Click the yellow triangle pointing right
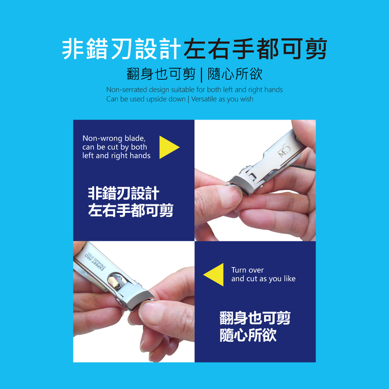(x=167, y=147)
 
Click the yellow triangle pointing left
(x=215, y=275)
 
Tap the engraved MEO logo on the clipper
(x=284, y=151)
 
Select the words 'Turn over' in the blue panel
(x=247, y=270)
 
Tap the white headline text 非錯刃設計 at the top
(x=122, y=49)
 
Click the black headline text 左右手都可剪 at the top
(x=256, y=49)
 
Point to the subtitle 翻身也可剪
(x=161, y=74)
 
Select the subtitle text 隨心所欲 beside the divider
(x=235, y=74)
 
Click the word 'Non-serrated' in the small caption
(x=127, y=89)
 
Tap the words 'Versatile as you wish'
(x=222, y=99)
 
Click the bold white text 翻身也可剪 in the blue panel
(x=255, y=318)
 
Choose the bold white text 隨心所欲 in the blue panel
(x=248, y=335)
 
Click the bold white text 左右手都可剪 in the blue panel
(x=131, y=211)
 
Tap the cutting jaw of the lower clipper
(x=139, y=300)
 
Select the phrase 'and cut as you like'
(x=263, y=278)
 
